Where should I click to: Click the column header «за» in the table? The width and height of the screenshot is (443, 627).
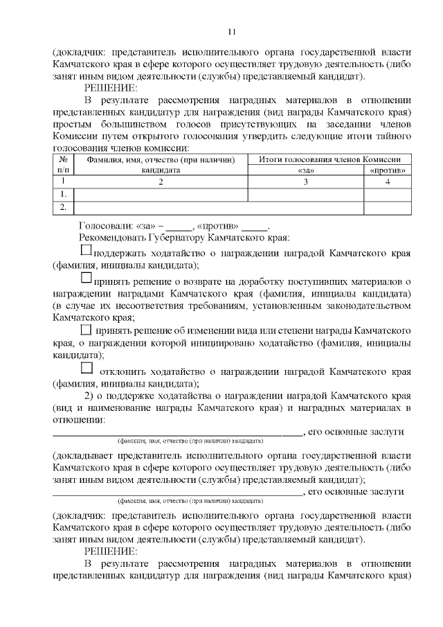coord(305,169)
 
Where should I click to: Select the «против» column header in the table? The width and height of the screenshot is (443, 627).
coord(388,169)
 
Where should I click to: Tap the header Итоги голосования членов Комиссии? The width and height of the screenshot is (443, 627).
coord(329,159)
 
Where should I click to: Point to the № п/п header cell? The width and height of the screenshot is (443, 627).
coord(63,164)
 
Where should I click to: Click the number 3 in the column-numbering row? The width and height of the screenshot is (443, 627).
coord(305,182)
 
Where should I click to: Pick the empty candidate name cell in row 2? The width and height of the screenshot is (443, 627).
coord(161,206)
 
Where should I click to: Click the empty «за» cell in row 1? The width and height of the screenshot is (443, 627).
coord(305,195)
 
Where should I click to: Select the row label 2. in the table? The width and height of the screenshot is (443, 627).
coord(63,206)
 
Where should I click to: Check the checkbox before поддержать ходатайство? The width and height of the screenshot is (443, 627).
coord(87,251)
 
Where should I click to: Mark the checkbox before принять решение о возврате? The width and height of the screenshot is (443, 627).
coord(87,278)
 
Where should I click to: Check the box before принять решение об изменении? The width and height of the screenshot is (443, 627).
coord(87,329)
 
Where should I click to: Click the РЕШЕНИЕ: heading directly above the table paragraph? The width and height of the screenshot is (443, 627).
coord(111,88)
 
